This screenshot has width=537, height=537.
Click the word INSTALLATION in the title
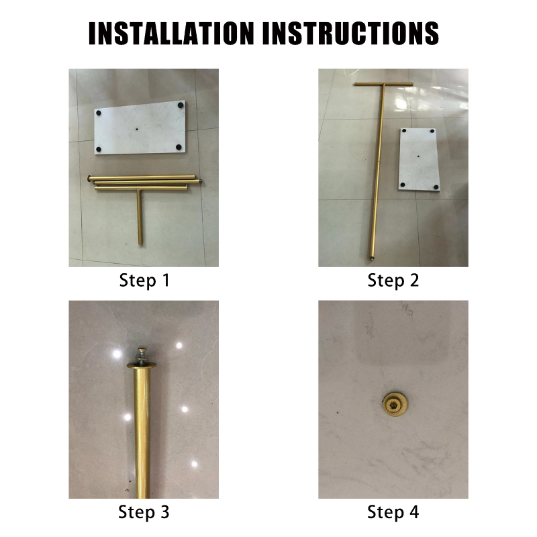click(171, 33)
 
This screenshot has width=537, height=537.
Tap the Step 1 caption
click(144, 281)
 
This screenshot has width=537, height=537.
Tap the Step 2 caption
click(393, 281)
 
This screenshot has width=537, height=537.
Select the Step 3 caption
click(144, 512)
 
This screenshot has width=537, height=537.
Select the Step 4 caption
click(393, 512)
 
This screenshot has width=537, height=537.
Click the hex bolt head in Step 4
click(395, 406)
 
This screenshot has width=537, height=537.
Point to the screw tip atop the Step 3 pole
click(142, 350)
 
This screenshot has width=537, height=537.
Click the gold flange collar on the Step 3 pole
click(142, 364)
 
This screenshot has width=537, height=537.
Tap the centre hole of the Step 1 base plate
click(137, 130)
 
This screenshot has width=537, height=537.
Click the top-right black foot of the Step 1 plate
click(181, 105)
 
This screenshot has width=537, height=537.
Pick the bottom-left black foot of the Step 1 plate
click(99, 149)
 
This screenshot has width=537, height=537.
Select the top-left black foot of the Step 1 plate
click(99, 113)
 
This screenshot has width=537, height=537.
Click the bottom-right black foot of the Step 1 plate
click(179, 147)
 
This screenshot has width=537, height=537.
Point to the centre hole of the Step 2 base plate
click(418, 156)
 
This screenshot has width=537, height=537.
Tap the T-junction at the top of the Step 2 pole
click(383, 85)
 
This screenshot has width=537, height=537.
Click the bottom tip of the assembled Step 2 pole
click(371, 258)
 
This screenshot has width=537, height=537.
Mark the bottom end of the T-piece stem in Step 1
click(140, 244)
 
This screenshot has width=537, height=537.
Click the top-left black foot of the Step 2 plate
click(404, 131)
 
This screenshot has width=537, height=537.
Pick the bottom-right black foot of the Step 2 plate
click(436, 187)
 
